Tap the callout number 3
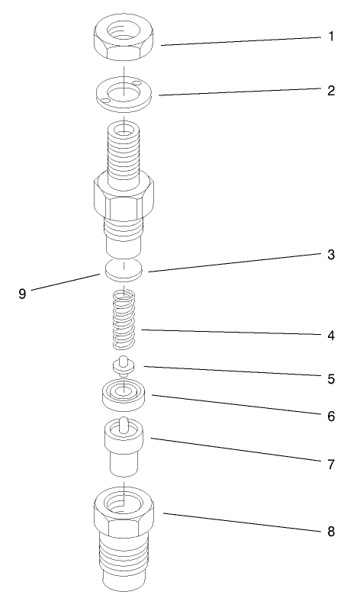click(331, 255)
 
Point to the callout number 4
click(331, 335)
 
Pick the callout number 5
click(331, 377)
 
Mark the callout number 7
click(331, 465)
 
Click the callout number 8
click(331, 532)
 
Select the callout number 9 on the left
click(23, 292)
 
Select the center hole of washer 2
click(123, 94)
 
